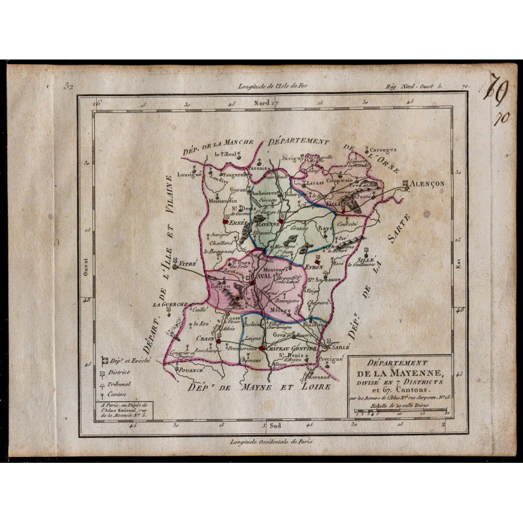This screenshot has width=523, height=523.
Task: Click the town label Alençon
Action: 428,184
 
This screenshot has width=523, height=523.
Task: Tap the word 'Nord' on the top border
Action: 261,103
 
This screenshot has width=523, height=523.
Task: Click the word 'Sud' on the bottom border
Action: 277,426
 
